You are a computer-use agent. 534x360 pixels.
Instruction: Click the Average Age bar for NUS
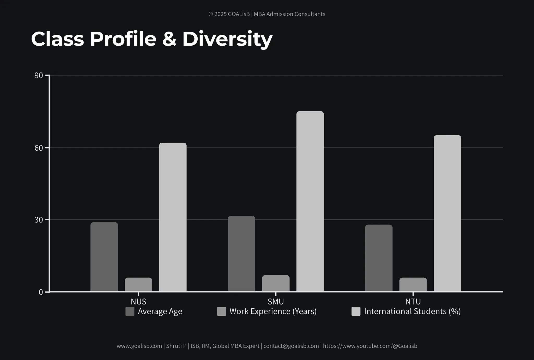click(104, 257)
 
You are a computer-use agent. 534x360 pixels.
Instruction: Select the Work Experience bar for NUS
click(138, 284)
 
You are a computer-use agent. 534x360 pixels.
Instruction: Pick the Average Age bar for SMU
click(241, 253)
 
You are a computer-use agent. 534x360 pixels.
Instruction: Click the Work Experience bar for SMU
click(276, 283)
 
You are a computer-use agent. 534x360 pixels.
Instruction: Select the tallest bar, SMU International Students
click(310, 201)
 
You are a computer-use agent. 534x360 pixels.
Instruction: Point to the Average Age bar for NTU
click(379, 258)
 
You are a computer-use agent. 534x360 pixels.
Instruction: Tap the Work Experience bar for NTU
click(413, 284)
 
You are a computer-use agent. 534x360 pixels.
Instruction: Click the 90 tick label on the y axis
click(39, 76)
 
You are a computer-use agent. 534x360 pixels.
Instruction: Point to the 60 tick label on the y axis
click(39, 148)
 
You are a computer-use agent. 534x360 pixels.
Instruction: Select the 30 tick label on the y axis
click(39, 220)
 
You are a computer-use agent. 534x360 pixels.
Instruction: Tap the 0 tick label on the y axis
click(41, 292)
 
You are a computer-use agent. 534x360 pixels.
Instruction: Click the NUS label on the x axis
click(138, 302)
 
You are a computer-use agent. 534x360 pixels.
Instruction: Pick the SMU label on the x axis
click(276, 302)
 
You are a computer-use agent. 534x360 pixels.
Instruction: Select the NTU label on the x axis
click(413, 302)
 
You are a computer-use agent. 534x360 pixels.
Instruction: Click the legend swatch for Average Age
click(130, 311)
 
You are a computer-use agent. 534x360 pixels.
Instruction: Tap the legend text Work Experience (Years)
click(273, 311)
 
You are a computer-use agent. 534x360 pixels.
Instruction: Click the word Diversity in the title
click(227, 39)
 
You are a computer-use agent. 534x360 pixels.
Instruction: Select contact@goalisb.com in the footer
click(291, 346)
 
